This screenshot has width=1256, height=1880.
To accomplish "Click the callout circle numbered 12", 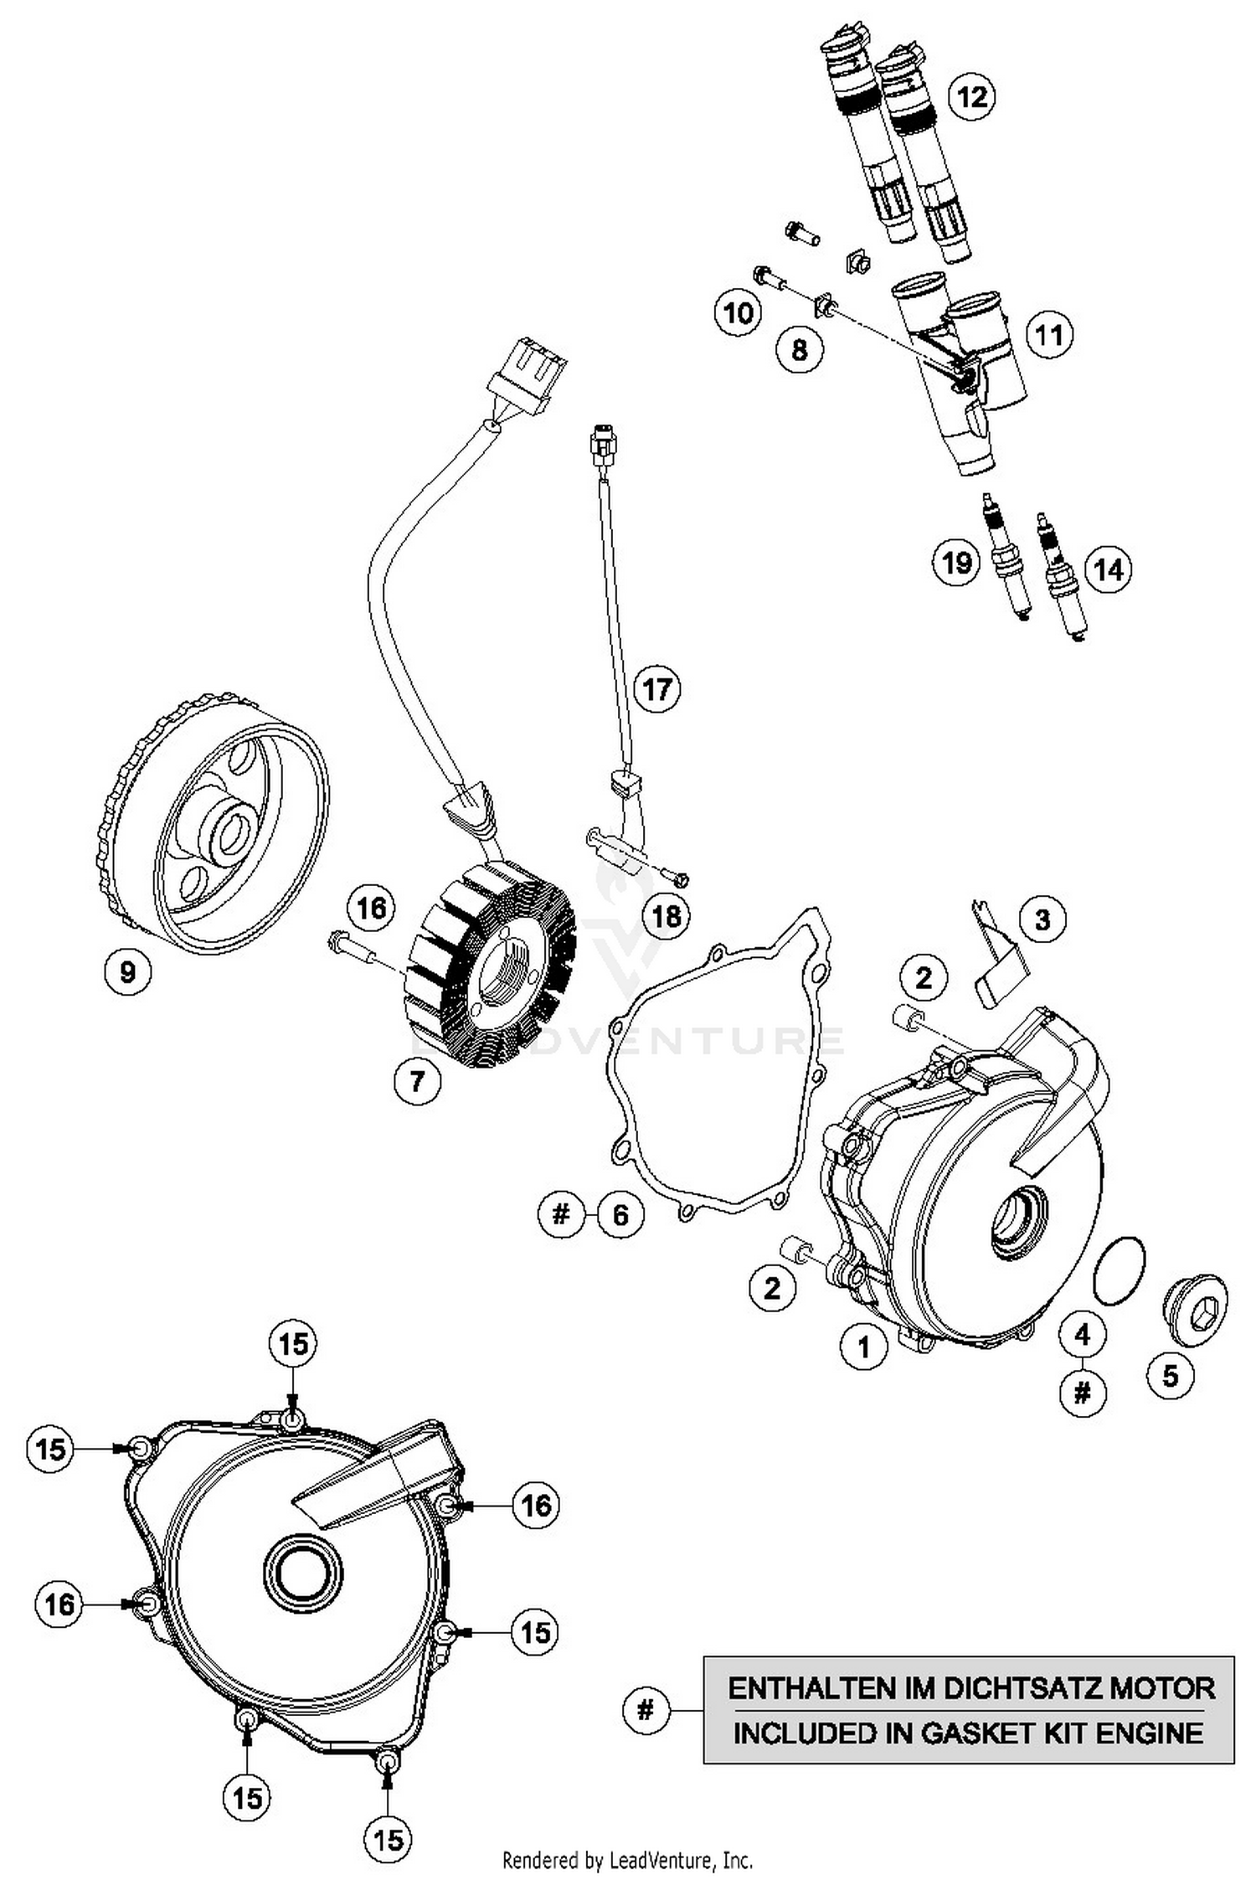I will click(x=971, y=97).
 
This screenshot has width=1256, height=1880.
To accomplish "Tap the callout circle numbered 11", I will click(x=1049, y=335).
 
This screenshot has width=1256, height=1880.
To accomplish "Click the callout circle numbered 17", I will click(x=656, y=689).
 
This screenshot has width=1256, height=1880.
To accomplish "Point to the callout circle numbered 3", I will click(x=1042, y=919).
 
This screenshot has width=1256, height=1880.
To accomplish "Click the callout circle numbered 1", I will click(x=863, y=1347).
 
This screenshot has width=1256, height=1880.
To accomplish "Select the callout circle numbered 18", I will click(x=667, y=915).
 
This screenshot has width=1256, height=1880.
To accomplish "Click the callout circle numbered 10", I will click(x=738, y=313).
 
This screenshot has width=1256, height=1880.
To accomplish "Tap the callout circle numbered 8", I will click(x=799, y=349).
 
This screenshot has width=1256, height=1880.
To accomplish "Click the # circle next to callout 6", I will click(x=560, y=1213).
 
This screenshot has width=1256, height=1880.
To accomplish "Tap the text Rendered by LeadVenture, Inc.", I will click(x=627, y=1861).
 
